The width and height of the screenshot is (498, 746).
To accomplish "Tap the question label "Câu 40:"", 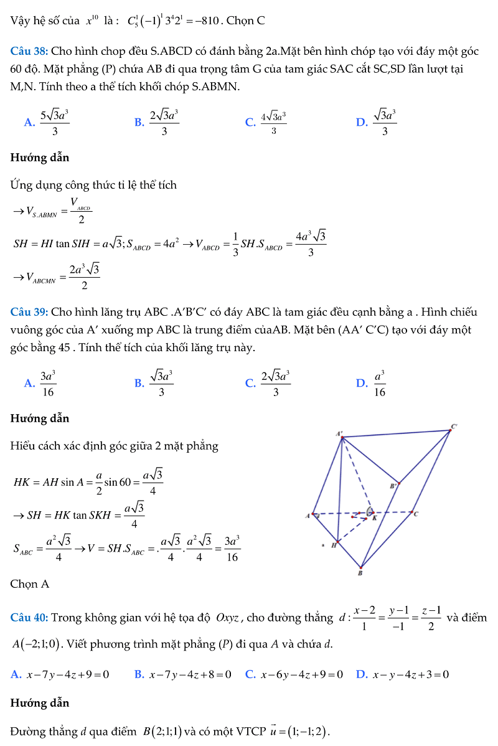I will click(x=29, y=618).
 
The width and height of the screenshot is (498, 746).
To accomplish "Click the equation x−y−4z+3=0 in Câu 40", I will click(x=410, y=674).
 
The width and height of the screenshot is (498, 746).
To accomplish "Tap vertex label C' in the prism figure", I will click(x=454, y=427).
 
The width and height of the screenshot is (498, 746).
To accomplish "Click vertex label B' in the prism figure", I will click(x=393, y=486).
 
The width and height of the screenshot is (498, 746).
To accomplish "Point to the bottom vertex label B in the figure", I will click(x=360, y=573).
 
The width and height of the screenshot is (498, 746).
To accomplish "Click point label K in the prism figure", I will click(x=375, y=517).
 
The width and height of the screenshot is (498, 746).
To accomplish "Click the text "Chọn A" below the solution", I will click(x=30, y=584).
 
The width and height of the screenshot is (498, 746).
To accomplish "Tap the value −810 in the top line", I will click(x=207, y=21).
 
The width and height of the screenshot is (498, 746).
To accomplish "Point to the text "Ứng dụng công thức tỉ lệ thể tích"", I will click(x=93, y=185).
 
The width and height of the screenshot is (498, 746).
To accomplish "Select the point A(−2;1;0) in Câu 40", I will click(x=38, y=644).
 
